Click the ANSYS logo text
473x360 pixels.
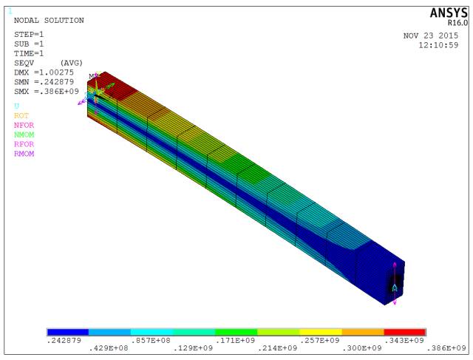pos(449,13)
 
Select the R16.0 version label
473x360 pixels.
pos(457,23)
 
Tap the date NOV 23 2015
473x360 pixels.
pos(431,35)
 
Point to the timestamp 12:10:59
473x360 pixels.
pos(438,45)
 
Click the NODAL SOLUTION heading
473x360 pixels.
pos(49,21)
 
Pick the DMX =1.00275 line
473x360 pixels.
pos(44,72)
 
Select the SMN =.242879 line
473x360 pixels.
pos(44,82)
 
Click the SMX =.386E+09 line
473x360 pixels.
pos(47,92)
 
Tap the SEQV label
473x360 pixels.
pos(24,63)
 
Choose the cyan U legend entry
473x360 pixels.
pos(16,106)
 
